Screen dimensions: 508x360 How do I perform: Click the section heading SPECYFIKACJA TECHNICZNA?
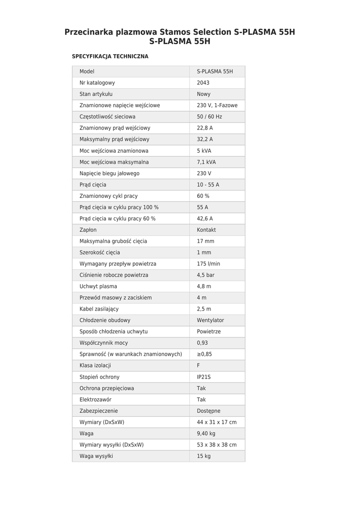coord(110,57)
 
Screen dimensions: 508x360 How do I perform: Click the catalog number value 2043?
coord(203,83)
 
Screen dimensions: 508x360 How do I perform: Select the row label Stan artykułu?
coord(96,94)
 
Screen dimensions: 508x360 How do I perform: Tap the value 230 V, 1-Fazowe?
coord(217,106)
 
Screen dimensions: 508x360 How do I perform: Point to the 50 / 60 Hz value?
coord(209,117)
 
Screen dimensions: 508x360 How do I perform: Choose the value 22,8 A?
coord(205,128)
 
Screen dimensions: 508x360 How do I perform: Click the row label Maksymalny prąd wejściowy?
coord(114,139)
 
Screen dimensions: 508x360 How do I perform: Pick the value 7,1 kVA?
coord(206,162)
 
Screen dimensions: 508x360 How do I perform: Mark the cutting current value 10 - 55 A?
coord(208,185)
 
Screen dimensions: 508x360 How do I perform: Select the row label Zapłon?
coord(88,230)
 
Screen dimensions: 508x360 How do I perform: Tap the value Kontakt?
coord(206,230)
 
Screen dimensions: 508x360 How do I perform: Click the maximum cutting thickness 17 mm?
coord(206,242)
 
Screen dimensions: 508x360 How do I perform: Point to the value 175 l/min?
coord(208,264)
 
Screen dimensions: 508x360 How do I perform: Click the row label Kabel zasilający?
coord(99,309)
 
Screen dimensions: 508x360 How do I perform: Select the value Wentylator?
coord(210,320)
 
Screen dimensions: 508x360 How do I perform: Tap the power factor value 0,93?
coord(203,343)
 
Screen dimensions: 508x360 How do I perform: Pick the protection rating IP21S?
coord(204,377)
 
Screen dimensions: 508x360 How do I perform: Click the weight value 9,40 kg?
coord(206,434)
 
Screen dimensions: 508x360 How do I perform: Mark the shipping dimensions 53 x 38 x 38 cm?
coord(216,445)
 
